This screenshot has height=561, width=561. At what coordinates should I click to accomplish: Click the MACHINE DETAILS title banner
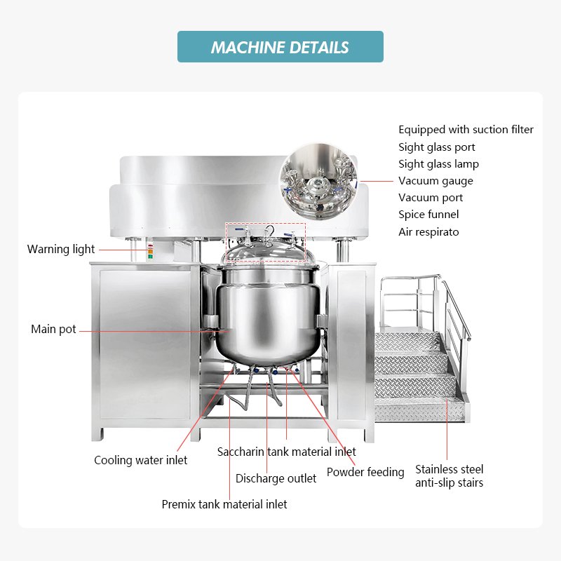(280, 47)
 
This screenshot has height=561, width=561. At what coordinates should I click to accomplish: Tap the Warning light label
(61, 249)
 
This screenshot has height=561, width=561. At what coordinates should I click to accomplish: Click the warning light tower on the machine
(149, 250)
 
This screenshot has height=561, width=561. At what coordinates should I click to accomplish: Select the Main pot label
(53, 329)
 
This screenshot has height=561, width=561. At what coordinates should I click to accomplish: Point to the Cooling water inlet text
(141, 460)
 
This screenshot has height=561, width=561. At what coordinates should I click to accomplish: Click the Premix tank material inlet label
(224, 503)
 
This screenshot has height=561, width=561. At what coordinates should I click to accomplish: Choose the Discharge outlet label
(276, 478)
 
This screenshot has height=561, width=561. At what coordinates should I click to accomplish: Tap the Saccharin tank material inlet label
(286, 452)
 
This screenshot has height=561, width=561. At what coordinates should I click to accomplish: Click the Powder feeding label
(365, 472)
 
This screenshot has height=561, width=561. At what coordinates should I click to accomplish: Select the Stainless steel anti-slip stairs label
(449, 475)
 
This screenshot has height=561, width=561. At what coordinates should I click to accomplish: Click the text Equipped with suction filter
(466, 130)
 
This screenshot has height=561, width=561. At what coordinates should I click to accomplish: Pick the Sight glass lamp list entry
(438, 164)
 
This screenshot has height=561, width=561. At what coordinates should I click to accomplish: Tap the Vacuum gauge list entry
(435, 181)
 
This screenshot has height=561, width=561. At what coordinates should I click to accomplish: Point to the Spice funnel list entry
(428, 215)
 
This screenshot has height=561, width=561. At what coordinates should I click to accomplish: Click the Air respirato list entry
(429, 231)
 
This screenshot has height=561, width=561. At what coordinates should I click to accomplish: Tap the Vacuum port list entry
(431, 198)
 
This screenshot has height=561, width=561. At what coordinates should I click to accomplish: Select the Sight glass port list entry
(436, 147)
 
